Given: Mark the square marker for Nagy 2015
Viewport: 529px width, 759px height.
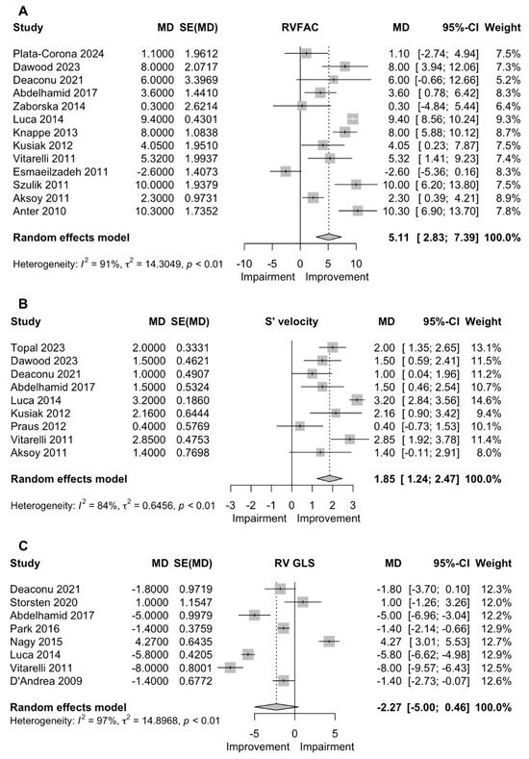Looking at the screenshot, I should click(x=330, y=640).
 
